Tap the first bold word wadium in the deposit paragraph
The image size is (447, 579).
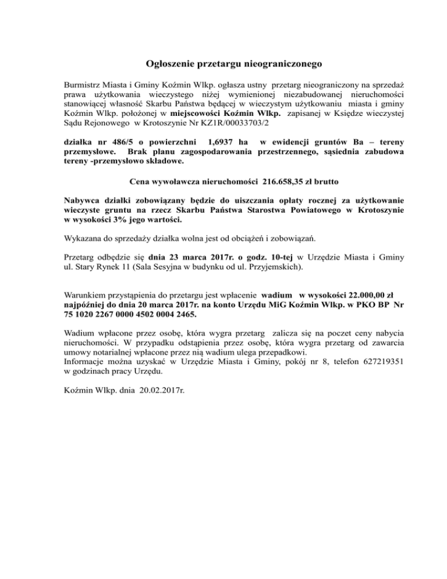(276, 295)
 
